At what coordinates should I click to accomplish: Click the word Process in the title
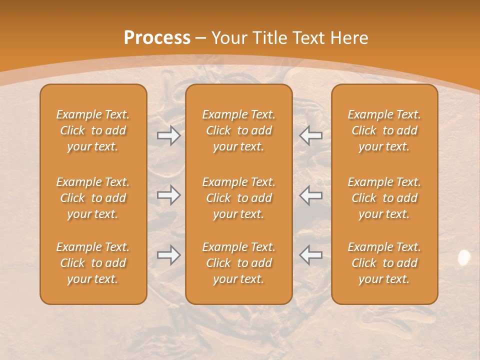tap(157, 38)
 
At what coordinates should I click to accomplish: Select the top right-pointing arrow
tap(169, 135)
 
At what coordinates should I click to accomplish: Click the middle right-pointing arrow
tap(169, 195)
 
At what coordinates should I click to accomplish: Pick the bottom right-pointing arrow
tap(169, 255)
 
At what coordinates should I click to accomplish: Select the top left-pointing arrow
tap(311, 135)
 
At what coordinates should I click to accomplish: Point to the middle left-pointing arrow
tap(311, 195)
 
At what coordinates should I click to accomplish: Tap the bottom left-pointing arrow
tap(311, 255)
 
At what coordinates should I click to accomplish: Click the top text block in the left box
tap(93, 130)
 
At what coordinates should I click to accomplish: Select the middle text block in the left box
tap(93, 198)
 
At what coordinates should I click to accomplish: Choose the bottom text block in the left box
tap(93, 263)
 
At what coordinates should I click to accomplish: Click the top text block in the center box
tap(239, 130)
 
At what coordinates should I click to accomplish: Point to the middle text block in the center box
tap(239, 198)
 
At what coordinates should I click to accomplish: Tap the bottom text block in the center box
tap(239, 263)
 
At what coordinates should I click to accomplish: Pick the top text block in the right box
tap(384, 130)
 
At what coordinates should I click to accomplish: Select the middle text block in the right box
tap(384, 198)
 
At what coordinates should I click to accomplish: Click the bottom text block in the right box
tap(384, 263)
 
